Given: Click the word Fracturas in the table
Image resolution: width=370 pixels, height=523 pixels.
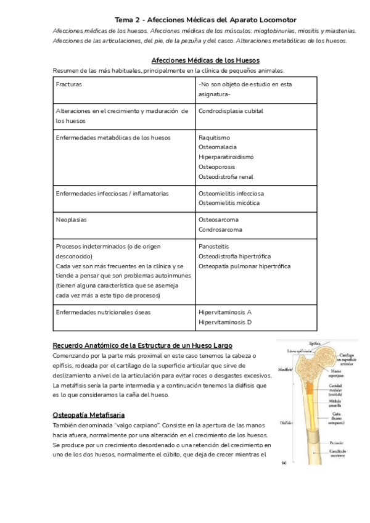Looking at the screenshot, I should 68,84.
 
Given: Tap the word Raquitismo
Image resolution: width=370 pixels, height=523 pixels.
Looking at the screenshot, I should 214,138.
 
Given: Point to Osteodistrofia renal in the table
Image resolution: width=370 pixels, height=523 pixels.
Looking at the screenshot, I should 226,176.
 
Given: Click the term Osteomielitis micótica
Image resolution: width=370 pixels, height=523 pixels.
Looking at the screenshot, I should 229,202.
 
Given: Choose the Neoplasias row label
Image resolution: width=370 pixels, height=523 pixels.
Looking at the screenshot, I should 71,220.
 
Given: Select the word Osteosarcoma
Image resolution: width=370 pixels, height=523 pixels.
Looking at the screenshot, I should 218,220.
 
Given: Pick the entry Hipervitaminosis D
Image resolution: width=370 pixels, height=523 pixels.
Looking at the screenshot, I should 225,322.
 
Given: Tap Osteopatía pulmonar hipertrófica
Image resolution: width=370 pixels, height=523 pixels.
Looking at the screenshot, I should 244,266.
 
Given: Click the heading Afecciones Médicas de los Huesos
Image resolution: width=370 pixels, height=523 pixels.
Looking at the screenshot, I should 205,60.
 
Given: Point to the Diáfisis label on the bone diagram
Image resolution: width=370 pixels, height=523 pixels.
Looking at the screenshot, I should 286,424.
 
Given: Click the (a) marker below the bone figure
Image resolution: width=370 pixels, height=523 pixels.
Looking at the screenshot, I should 284,461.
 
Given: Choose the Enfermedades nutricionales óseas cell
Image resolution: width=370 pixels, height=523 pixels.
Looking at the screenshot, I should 103,312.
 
